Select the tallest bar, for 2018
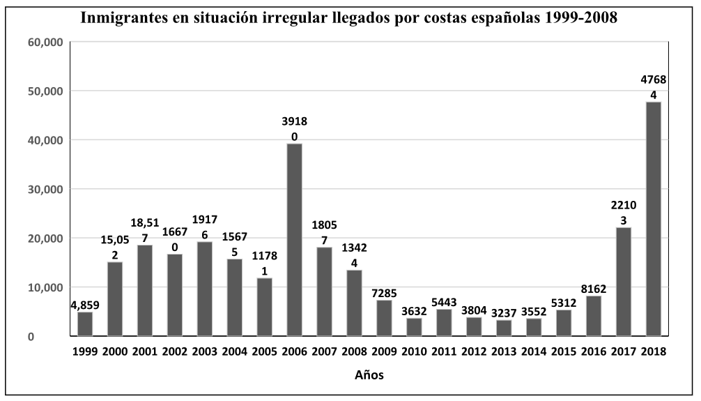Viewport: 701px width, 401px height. pos(653,219)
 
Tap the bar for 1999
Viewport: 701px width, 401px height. pos(84,324)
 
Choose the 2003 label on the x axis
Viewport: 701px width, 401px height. pos(203,352)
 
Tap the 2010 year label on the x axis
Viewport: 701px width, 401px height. pos(413,352)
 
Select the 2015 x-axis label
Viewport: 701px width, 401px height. pos(563,352)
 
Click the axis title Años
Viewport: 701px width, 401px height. pos(369,375)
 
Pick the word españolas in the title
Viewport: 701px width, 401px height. pos(485,18)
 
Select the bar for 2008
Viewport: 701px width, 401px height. pos(354,303)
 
